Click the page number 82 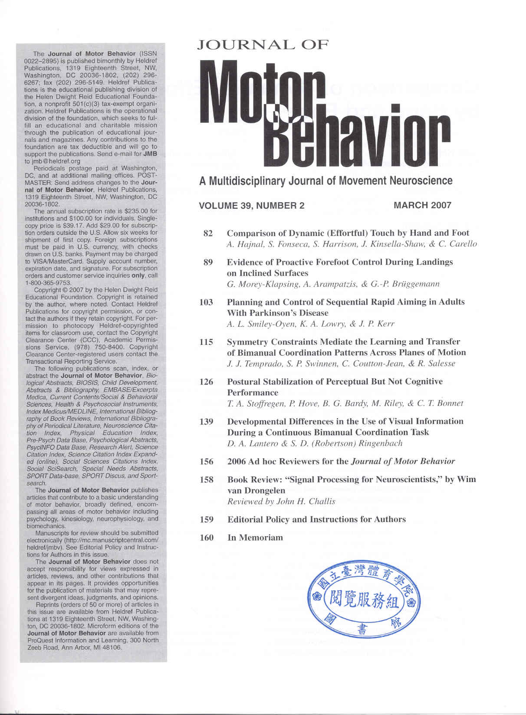coord(208,233)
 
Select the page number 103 coord(206,302)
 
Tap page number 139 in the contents coord(206,422)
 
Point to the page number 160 coord(207,538)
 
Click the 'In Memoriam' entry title coord(255,538)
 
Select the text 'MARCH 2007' coord(422,205)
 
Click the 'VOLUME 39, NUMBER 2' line coord(252,206)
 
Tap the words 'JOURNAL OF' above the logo coord(263,45)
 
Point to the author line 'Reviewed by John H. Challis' coord(281,502)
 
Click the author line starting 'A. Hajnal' coord(352,244)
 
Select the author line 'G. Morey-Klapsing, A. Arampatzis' coord(333,284)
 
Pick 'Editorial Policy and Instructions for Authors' coord(316,520)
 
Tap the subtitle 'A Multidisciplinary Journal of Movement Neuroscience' coord(325,181)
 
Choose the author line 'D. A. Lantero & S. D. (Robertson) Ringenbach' coord(315,443)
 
